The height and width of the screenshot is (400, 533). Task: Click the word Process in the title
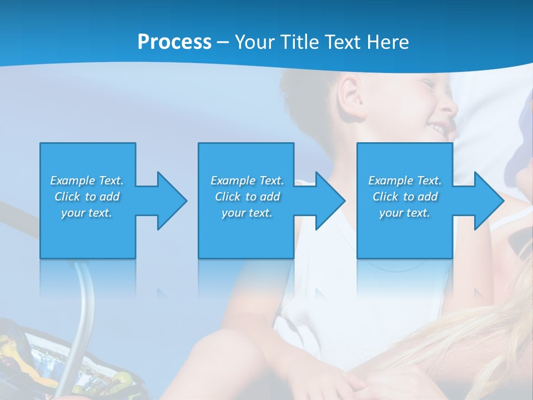(174, 42)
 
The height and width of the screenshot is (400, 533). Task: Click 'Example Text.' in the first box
(87, 181)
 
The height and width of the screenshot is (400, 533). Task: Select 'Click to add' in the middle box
(247, 197)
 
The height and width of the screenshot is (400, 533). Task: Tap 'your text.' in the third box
(405, 213)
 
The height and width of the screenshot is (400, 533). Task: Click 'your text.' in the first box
(87, 213)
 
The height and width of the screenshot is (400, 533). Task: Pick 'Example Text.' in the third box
(405, 181)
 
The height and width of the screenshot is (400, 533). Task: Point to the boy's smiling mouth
(439, 129)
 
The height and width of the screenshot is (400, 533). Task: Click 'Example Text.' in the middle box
(247, 181)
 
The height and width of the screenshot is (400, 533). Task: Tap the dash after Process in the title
(223, 42)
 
